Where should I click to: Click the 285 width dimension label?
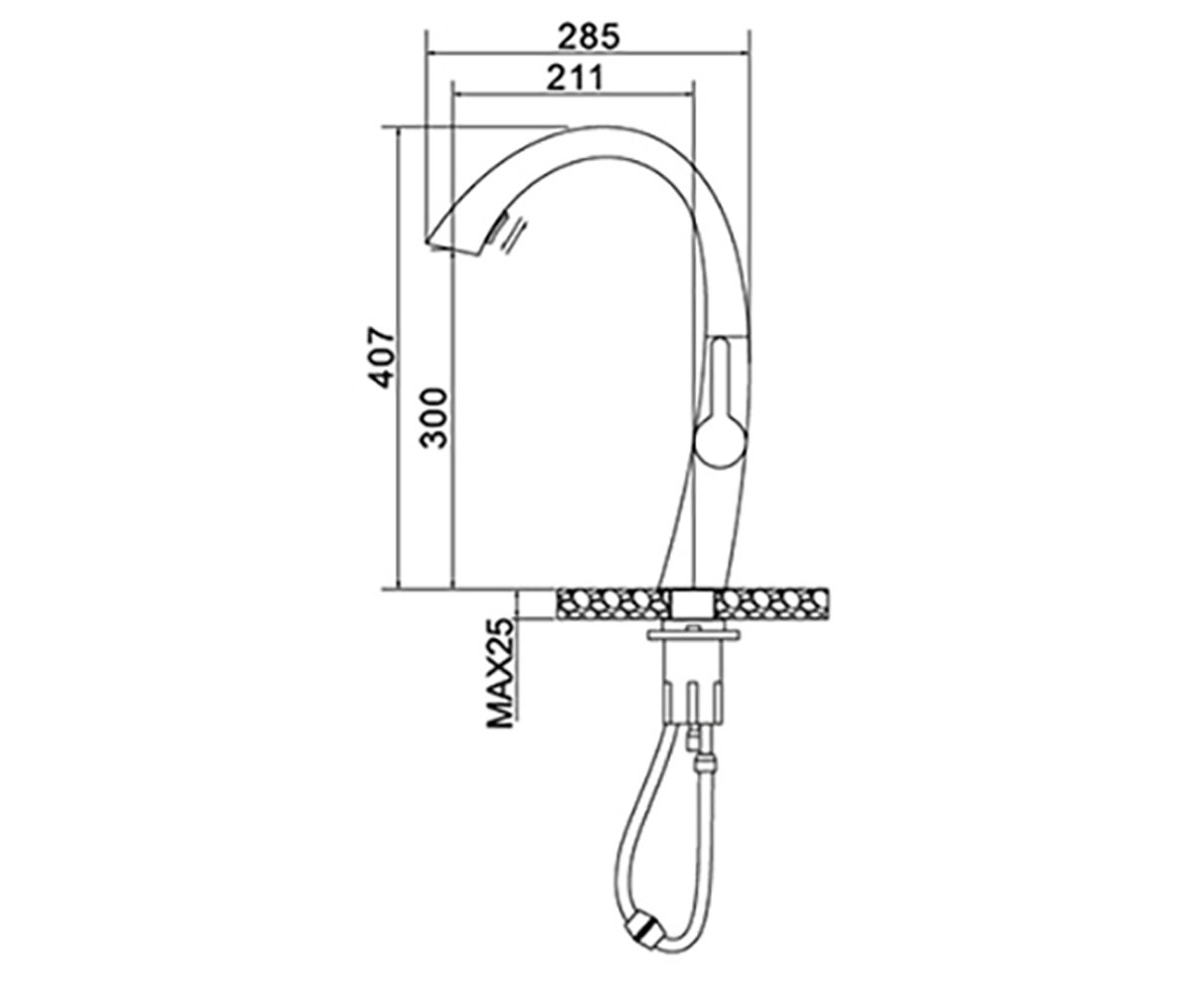[x=589, y=37]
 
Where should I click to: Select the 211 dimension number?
[x=575, y=78]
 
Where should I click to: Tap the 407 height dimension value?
[x=381, y=357]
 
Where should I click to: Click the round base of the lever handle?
[x=721, y=442]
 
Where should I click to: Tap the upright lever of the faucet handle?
[x=721, y=377]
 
